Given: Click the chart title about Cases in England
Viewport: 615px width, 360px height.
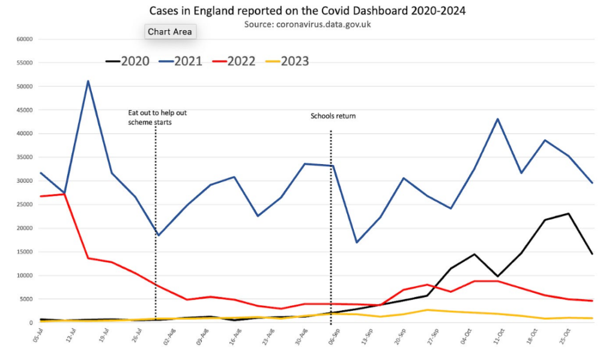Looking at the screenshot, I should point(308,11).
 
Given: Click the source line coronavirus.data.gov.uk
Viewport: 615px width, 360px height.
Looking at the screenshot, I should point(307,24).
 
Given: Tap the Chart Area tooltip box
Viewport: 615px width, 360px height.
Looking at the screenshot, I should point(170,32).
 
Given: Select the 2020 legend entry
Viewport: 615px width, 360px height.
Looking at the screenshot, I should point(128,61).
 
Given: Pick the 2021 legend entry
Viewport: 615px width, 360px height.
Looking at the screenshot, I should point(181,61).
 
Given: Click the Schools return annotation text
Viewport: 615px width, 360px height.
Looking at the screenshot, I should point(333,116).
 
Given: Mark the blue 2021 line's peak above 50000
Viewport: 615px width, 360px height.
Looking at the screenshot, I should point(88,81).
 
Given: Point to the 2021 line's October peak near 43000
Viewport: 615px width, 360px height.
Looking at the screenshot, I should point(498,119).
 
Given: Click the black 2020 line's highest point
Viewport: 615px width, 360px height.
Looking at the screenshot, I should point(569,213).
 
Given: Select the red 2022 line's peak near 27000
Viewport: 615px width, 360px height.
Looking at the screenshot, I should point(64,194).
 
